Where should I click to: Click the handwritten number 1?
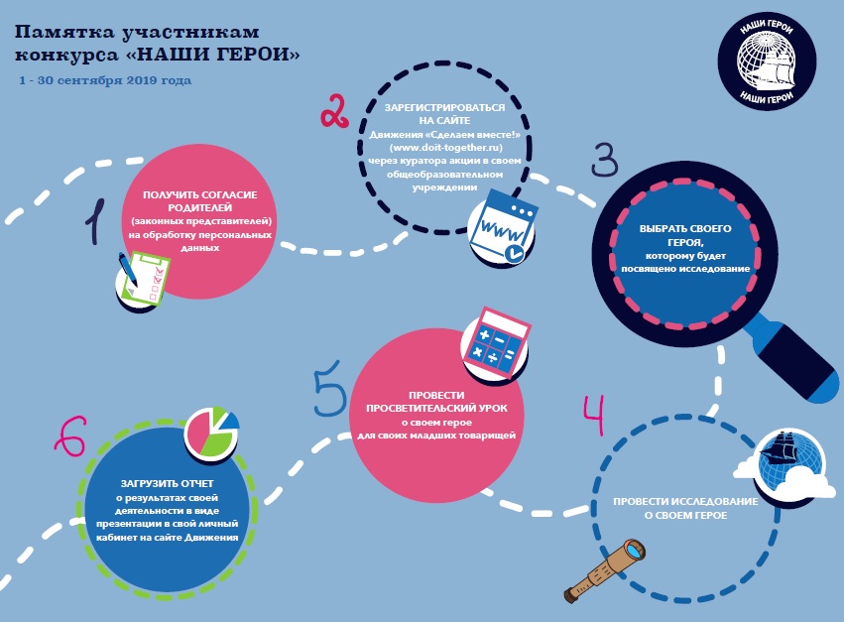(95, 219)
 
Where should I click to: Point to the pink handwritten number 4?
(595, 418)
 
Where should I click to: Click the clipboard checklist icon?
(142, 275)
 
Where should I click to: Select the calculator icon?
(494, 338)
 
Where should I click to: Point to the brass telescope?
(604, 569)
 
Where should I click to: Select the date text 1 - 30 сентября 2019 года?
(104, 79)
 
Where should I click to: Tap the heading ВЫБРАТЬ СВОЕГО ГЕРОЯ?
(685, 235)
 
